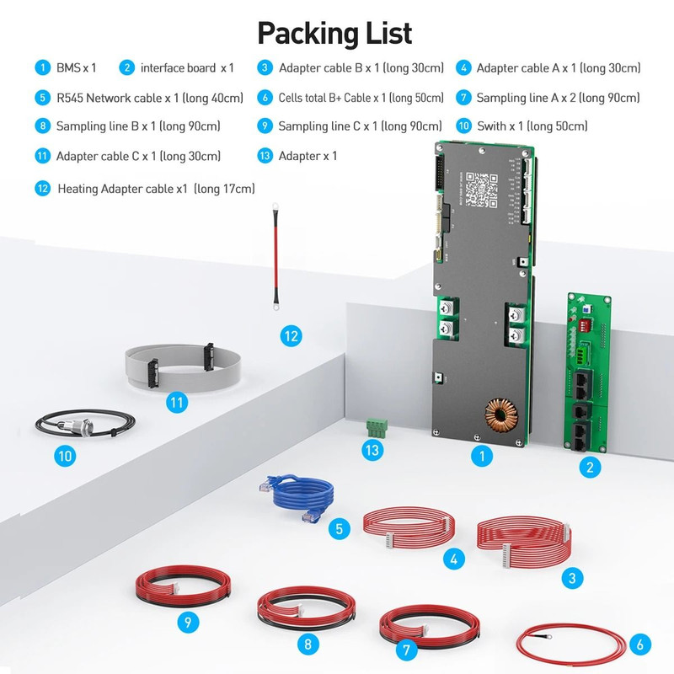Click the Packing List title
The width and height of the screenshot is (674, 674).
click(334, 33)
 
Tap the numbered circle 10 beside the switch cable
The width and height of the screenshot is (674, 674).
click(65, 457)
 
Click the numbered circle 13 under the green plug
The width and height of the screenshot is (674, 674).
click(372, 451)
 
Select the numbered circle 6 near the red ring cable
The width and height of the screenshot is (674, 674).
click(639, 645)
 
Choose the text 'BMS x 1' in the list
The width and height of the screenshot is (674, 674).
click(76, 67)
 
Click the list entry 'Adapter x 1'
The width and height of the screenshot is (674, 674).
click(308, 156)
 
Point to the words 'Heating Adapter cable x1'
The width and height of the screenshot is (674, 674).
click(122, 189)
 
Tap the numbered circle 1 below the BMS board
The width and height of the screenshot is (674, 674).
click(481, 457)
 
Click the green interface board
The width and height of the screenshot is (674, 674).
click(590, 375)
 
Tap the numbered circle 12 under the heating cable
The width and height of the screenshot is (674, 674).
click(290, 336)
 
